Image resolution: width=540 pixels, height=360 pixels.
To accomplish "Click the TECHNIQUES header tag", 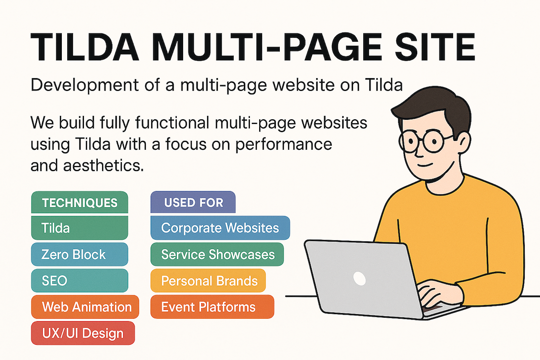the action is pos(80,202).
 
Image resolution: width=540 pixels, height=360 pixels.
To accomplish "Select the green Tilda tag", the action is pos(80,228).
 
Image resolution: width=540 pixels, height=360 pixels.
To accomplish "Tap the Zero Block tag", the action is pos(80,254).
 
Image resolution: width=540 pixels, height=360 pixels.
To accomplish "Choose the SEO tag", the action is pos(80,280).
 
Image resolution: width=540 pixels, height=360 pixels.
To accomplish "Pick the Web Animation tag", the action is pos(85,306).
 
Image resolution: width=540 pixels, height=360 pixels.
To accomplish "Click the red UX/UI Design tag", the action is pos(83,333).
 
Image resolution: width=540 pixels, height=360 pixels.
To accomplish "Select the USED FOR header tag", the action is pos(193,202).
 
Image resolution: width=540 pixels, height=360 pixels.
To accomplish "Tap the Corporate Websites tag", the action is pos(220,228).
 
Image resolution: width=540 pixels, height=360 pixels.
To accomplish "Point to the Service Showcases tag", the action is pos(217,254).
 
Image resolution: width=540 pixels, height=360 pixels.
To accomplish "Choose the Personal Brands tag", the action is pos(208,280).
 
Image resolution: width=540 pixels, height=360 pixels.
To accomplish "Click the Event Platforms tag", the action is pos(213,306).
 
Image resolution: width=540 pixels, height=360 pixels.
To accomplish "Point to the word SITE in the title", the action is pos(435,47).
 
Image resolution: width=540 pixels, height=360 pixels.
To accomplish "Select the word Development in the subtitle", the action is pos(85,85).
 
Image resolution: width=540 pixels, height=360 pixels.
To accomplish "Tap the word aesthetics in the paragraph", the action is pos(103,166).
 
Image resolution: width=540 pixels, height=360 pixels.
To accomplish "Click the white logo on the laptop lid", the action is pos(359,278).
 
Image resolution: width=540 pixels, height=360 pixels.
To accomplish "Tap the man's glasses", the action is pos(424,140).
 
